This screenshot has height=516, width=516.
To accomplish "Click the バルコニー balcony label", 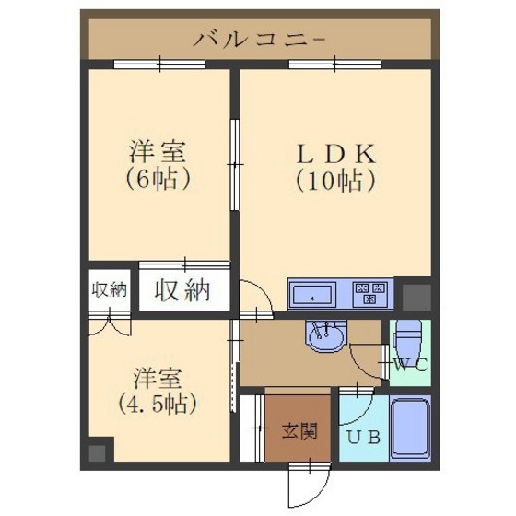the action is click(259, 41).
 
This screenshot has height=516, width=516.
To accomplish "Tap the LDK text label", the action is click(335, 154).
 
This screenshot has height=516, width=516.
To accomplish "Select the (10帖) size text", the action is click(335, 181).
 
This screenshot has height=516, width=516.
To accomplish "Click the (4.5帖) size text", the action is click(158, 404).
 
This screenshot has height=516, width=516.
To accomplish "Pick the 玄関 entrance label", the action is click(299, 431).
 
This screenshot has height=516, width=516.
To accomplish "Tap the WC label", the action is click(410, 364).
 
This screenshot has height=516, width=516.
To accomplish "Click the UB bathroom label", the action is click(364, 438).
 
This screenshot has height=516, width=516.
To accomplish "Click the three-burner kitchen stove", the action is click(370, 292).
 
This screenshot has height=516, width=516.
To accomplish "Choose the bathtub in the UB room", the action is click(410, 428).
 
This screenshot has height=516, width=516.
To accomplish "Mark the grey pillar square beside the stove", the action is click(416, 298).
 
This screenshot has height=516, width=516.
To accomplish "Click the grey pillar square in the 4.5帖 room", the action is click(97, 452).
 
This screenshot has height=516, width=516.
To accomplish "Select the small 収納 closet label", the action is click(109, 290).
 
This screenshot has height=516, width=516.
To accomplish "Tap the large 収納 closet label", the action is click(182, 290).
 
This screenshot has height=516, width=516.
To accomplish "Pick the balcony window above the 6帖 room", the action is click(159, 64).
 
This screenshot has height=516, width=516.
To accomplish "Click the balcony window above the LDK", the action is click(334, 64).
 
